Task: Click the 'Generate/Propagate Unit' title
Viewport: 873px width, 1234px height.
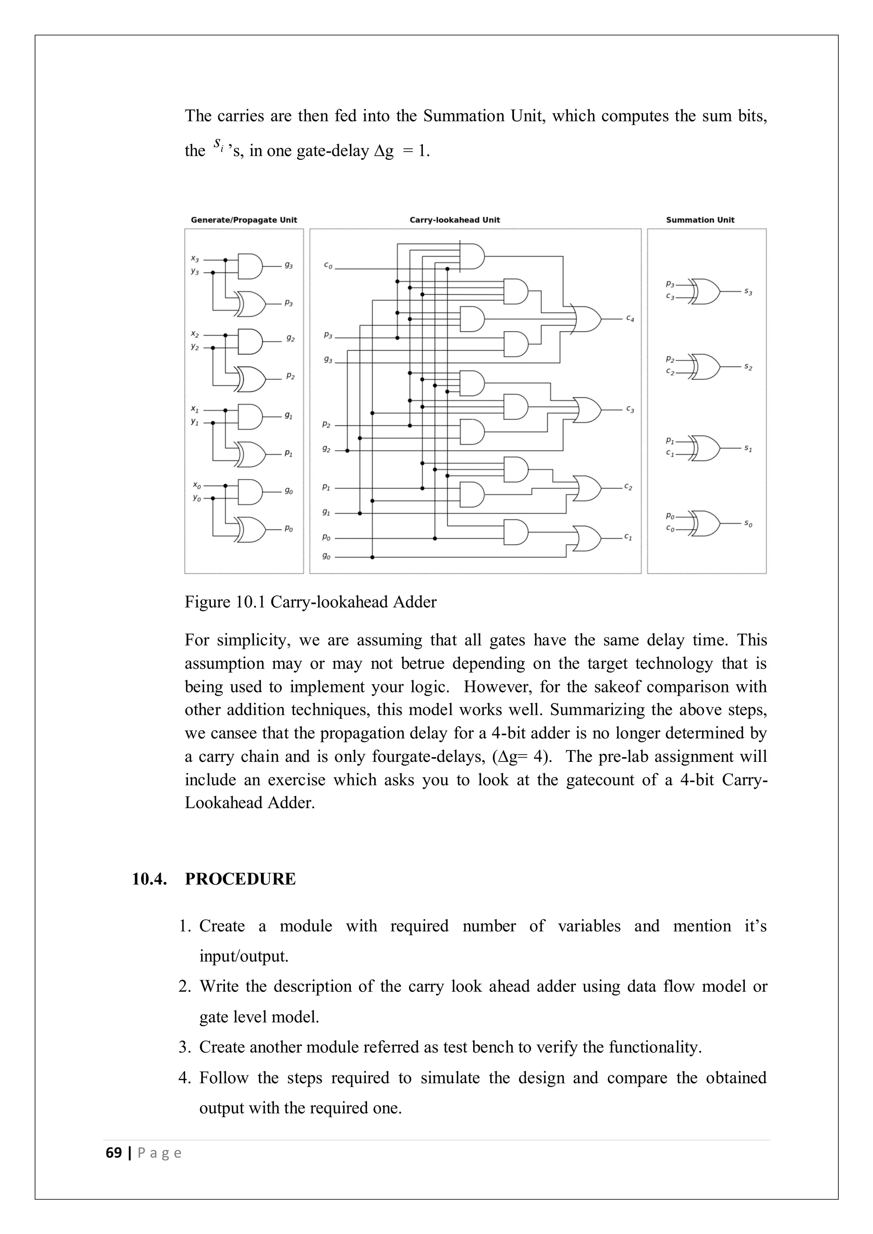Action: pos(244,220)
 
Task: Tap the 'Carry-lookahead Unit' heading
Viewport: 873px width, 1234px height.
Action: pos(454,220)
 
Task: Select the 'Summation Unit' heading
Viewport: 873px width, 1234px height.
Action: pos(700,220)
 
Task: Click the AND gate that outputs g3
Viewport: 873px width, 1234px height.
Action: pos(250,266)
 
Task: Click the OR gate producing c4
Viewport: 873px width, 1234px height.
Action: pos(587,319)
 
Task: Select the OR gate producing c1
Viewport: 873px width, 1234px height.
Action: pos(587,538)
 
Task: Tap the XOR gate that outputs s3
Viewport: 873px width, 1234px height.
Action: pos(706,291)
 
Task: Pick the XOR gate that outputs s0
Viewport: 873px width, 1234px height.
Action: pos(706,524)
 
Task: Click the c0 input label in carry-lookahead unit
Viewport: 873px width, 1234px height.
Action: pos(328,265)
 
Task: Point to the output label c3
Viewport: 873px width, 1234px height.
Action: pos(630,409)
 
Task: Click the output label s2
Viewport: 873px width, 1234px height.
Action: pos(748,367)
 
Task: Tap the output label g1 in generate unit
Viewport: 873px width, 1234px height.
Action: pos(289,415)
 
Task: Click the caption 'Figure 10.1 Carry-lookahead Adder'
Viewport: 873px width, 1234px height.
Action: pos(310,602)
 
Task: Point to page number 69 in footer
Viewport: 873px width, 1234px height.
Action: pos(113,1153)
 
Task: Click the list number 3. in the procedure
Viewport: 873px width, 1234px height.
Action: pos(185,1047)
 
